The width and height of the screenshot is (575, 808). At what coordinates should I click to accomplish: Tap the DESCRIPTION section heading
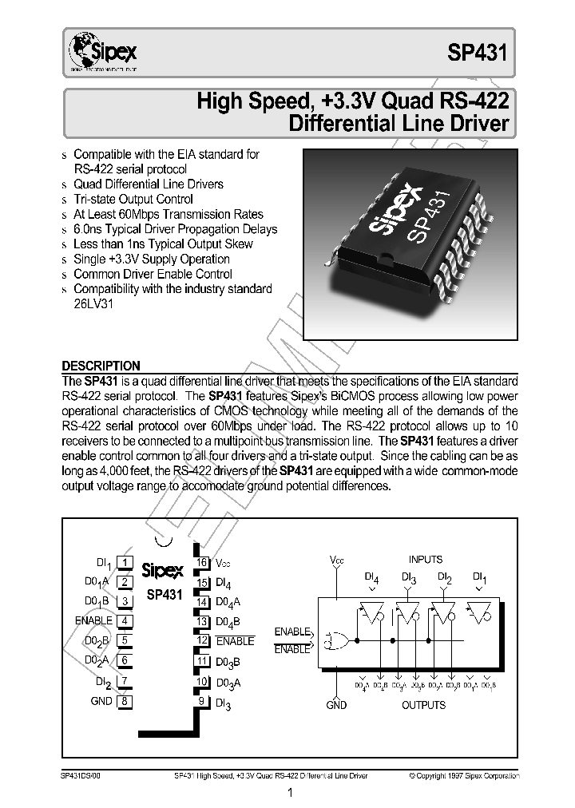tap(101, 366)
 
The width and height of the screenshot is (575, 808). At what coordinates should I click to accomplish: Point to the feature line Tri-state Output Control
tap(133, 200)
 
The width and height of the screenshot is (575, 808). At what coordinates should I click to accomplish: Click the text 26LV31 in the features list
tap(94, 304)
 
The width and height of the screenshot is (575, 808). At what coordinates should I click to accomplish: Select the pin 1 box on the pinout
tap(125, 564)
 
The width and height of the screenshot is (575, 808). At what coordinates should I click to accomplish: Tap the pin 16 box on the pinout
tap(204, 564)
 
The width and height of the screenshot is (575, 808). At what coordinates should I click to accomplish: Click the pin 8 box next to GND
tap(125, 701)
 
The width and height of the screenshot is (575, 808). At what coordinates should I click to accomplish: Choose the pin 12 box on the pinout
tap(204, 641)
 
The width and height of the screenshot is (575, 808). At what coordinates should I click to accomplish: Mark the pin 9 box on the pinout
tap(204, 701)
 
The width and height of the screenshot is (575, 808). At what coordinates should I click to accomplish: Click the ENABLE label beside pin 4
tap(94, 621)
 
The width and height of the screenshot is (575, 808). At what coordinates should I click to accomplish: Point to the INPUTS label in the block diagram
tap(426, 560)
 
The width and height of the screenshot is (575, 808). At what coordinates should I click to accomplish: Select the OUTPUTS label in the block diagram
tap(423, 705)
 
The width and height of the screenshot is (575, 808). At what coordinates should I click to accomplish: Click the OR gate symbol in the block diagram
tap(335, 640)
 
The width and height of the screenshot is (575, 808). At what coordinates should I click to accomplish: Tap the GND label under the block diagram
tap(336, 705)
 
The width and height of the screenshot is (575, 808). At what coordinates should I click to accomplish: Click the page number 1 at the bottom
tap(291, 793)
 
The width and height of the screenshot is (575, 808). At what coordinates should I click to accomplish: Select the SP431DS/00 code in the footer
tap(81, 774)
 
